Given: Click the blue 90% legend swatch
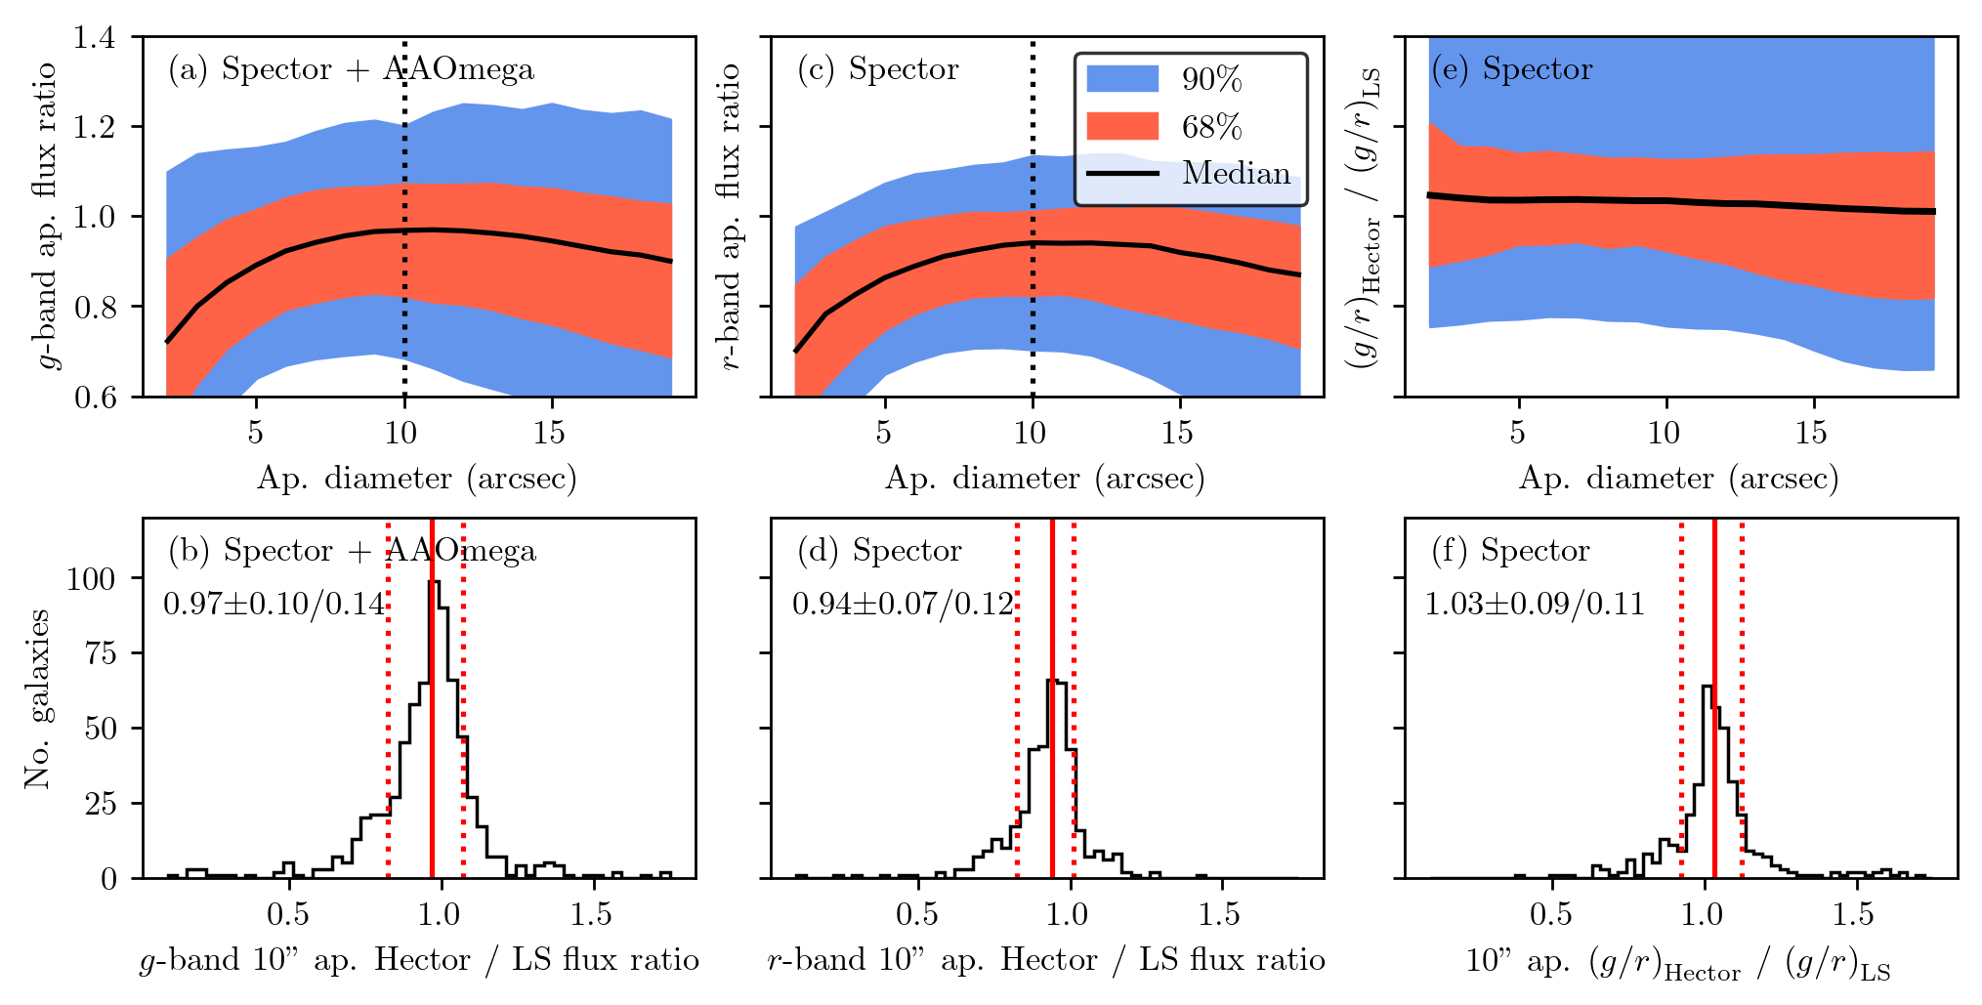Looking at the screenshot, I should [x=1122, y=79].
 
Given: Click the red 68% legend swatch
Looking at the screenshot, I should [x=1122, y=126].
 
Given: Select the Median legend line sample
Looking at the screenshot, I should [x=1122, y=174].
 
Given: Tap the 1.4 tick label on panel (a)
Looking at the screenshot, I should [x=94, y=37].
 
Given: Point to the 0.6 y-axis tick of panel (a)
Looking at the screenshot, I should [x=94, y=397].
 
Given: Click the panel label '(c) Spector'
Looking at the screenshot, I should [x=877, y=69].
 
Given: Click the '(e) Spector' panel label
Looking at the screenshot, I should [x=1511, y=69].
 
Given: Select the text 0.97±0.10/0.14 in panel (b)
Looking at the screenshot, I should [x=274, y=604].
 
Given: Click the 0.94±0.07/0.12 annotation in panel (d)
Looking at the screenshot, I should [x=904, y=604].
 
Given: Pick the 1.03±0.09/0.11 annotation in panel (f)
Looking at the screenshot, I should [x=1535, y=604].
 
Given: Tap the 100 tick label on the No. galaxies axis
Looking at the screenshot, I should [x=91, y=578].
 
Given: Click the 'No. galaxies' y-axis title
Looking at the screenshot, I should [x=37, y=698].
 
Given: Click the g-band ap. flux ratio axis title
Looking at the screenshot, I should [x=47, y=216].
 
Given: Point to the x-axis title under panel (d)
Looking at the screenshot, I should [x=1046, y=960].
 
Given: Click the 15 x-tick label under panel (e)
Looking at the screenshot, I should [x=1812, y=433].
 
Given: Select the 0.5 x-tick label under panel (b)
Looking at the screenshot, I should [x=288, y=914].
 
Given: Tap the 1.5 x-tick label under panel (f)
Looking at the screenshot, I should [x=1853, y=914].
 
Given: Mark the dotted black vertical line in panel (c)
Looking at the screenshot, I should [x=1033, y=293].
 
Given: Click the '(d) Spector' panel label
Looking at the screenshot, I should [x=879, y=551].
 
